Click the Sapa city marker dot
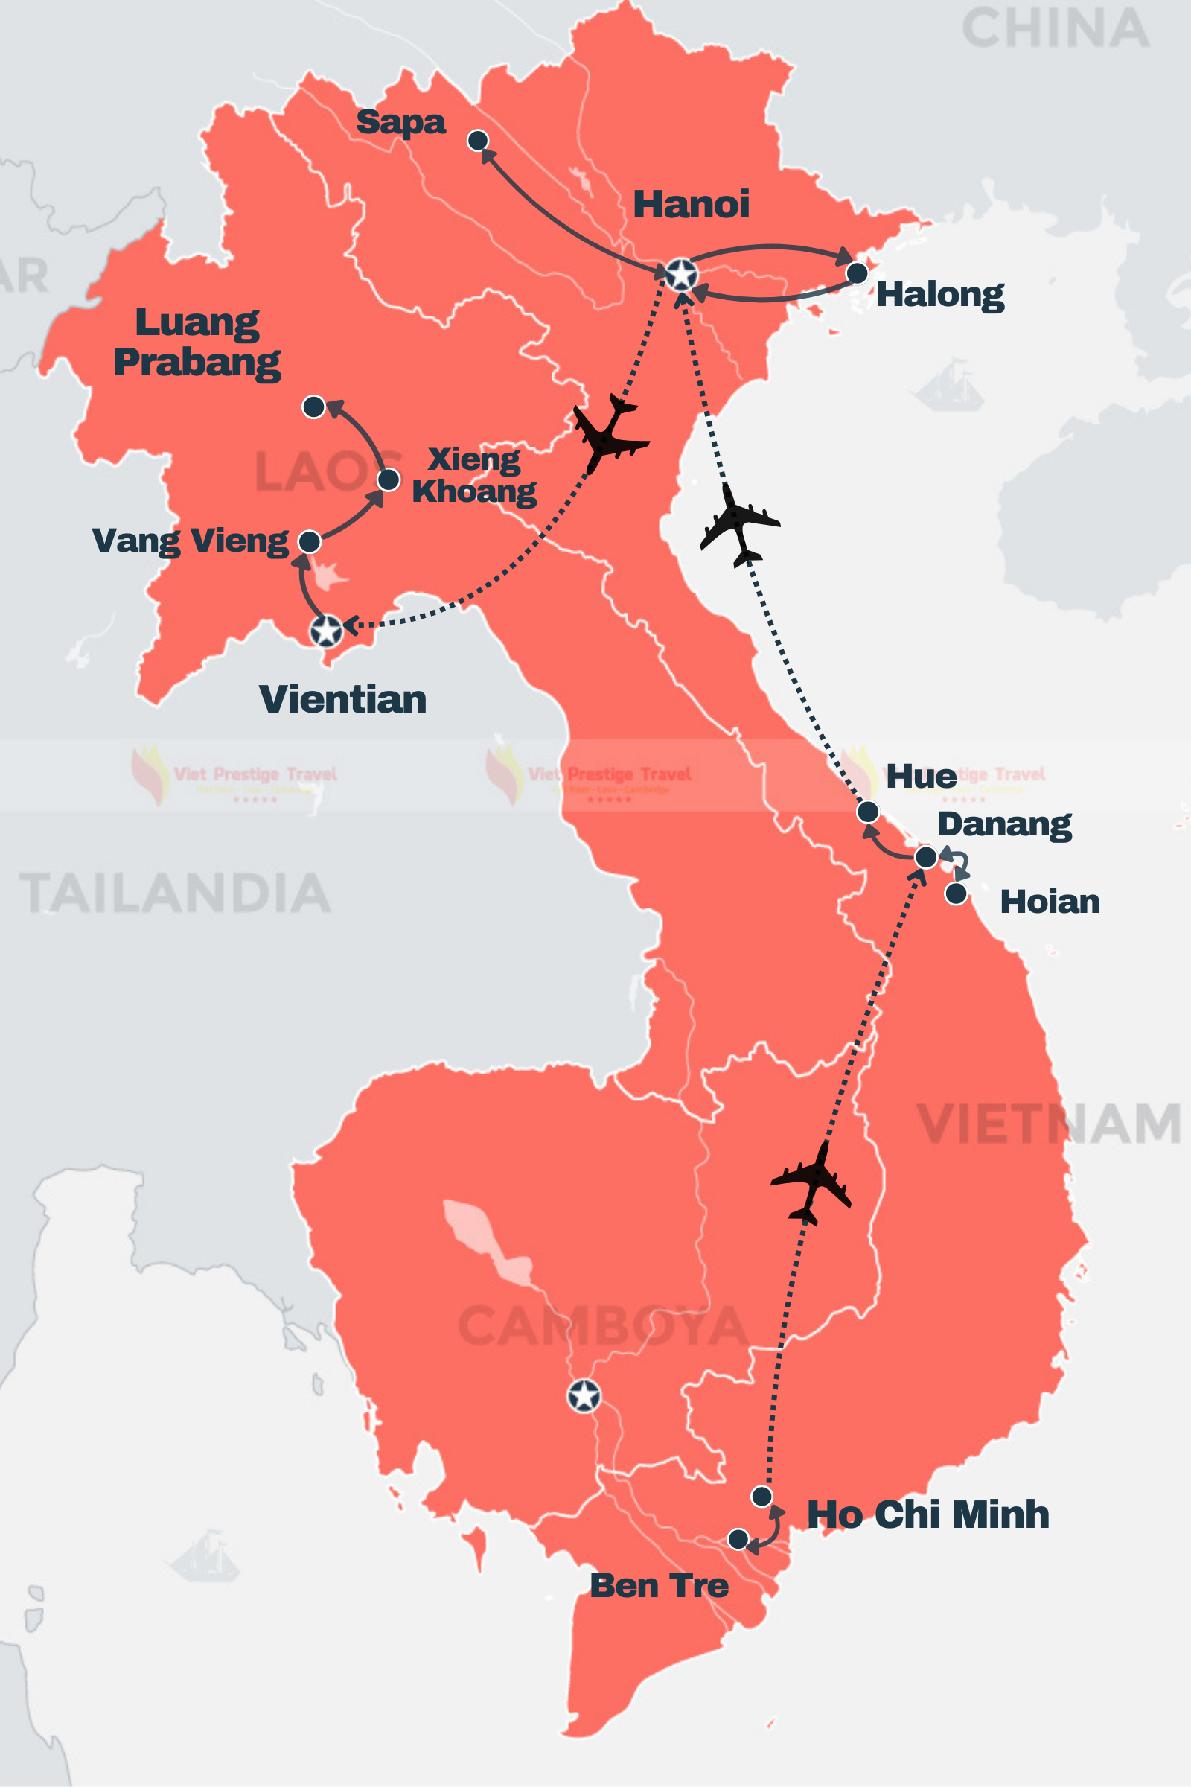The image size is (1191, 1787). click(478, 140)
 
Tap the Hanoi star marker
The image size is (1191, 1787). click(681, 274)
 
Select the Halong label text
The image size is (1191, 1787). click(939, 295)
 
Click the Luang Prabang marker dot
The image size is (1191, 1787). click(313, 407)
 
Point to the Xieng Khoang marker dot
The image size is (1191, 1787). click(388, 480)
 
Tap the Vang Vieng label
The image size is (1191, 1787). click(190, 541)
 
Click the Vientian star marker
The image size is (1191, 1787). click(327, 631)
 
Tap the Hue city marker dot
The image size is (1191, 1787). click(868, 812)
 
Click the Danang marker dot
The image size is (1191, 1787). click(926, 857)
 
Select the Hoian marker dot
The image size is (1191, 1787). click(957, 893)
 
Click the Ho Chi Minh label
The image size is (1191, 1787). click(927, 1514)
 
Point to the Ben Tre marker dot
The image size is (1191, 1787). click(738, 1539)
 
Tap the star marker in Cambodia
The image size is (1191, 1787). click(584, 1395)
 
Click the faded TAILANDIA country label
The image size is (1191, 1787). click(175, 893)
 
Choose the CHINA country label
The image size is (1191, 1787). click(1055, 29)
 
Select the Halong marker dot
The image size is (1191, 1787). click(857, 273)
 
